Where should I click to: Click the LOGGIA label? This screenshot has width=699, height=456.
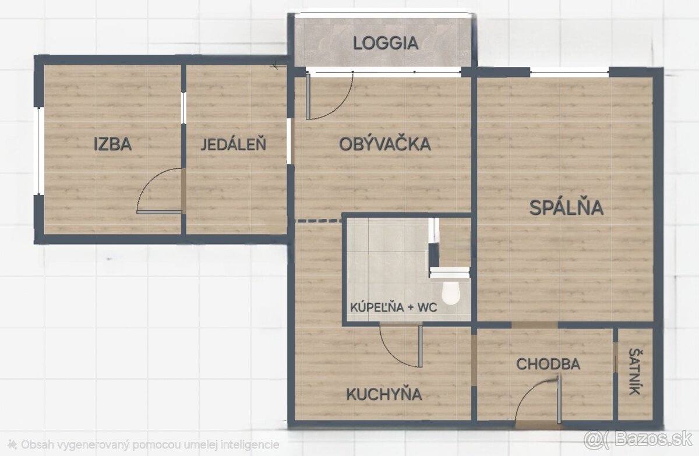(x=386, y=43)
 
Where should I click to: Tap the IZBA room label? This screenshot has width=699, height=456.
(x=112, y=144)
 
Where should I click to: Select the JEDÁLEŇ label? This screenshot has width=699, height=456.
(x=233, y=144)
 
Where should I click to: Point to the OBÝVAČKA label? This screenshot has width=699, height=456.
(x=385, y=144)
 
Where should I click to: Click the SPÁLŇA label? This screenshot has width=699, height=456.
(x=566, y=207)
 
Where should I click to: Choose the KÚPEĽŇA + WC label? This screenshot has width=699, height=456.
(x=394, y=307)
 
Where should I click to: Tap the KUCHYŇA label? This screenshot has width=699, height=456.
(x=384, y=394)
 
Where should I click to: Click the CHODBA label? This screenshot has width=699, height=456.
(x=548, y=364)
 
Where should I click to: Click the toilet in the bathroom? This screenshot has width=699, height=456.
(x=451, y=293)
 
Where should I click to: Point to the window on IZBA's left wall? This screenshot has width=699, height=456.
(x=40, y=151)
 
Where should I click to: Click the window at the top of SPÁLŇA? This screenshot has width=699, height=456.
(x=570, y=72)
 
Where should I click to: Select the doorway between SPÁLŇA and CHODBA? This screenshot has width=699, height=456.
(x=534, y=325)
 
